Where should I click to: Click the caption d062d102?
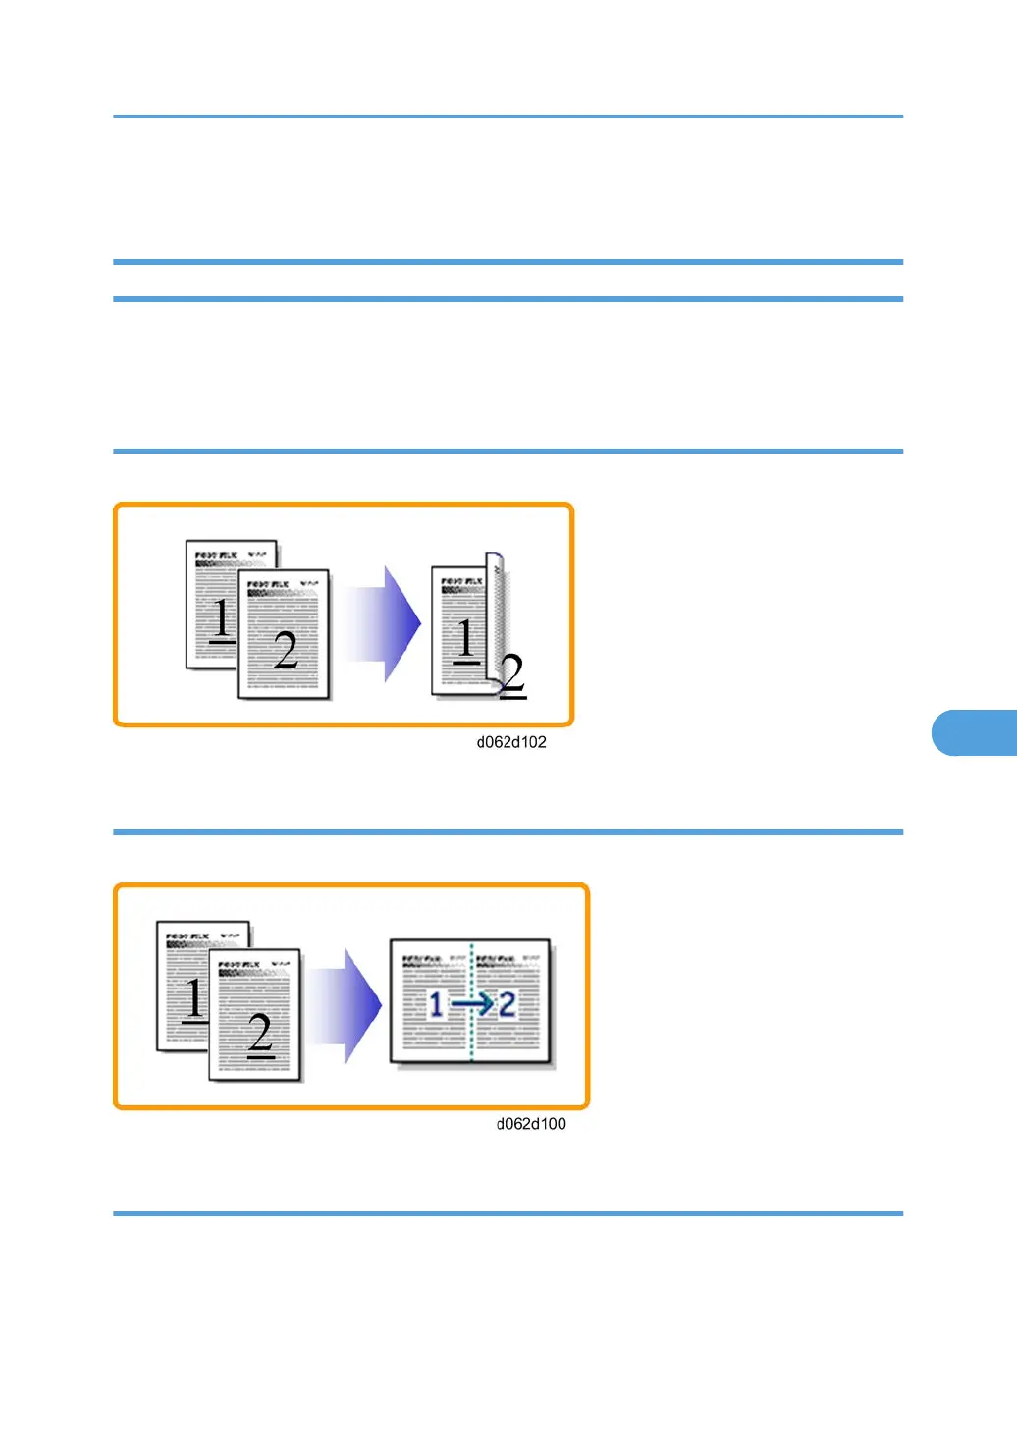511,742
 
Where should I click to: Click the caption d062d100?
531,1124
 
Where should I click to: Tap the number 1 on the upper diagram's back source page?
223,619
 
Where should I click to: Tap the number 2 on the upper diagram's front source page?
285,650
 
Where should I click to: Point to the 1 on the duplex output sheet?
466,639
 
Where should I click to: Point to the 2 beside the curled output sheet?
512,675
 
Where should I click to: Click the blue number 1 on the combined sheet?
436,1004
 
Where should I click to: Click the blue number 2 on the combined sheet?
507,1004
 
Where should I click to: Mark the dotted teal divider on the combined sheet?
472,1041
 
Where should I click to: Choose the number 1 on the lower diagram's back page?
194,999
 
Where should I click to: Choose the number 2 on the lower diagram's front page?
259,1033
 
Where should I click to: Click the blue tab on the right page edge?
974,732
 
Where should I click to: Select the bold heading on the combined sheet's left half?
421,957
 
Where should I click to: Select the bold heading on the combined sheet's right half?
495,957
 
